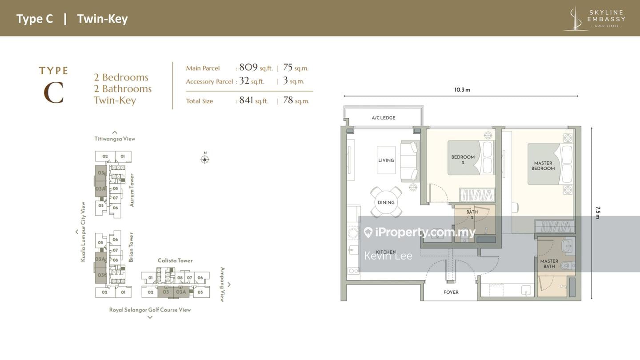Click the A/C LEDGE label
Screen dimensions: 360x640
point(384,118)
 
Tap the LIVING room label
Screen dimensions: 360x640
point(386,160)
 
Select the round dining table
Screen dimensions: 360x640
point(386,202)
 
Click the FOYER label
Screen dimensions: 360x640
point(451,292)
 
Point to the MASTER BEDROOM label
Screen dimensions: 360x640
point(543,166)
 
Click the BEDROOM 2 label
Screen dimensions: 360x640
point(463,160)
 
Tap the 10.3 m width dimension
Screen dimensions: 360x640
point(462,90)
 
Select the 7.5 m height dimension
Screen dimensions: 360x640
point(598,213)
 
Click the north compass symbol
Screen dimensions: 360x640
point(204,159)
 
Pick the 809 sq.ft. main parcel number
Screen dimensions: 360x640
point(248,68)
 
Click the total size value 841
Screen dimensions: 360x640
point(246,100)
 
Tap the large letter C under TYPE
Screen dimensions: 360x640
point(53,93)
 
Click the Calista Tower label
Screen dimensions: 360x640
point(175,260)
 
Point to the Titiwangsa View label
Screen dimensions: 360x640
point(115,139)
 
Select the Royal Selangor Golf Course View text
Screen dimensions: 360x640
point(150,310)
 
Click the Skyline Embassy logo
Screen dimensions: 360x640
point(594,18)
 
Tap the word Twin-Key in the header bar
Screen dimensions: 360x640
point(102,19)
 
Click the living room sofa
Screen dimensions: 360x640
point(409,161)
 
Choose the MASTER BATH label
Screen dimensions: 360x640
point(549,264)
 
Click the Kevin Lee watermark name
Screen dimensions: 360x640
point(388,256)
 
